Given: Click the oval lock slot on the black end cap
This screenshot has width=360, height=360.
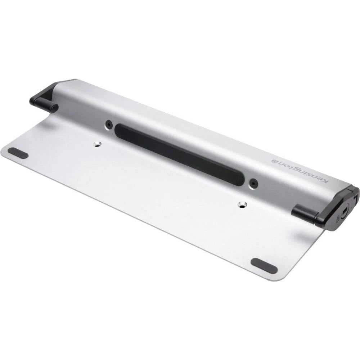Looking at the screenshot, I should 345,211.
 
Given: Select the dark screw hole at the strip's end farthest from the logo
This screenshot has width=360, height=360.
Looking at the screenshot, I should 109,125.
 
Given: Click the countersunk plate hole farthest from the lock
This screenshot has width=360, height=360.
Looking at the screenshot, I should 96,144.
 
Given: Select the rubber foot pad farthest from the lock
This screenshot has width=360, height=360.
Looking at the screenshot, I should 18,153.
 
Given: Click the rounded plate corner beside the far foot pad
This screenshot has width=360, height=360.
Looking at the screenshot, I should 4,151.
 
